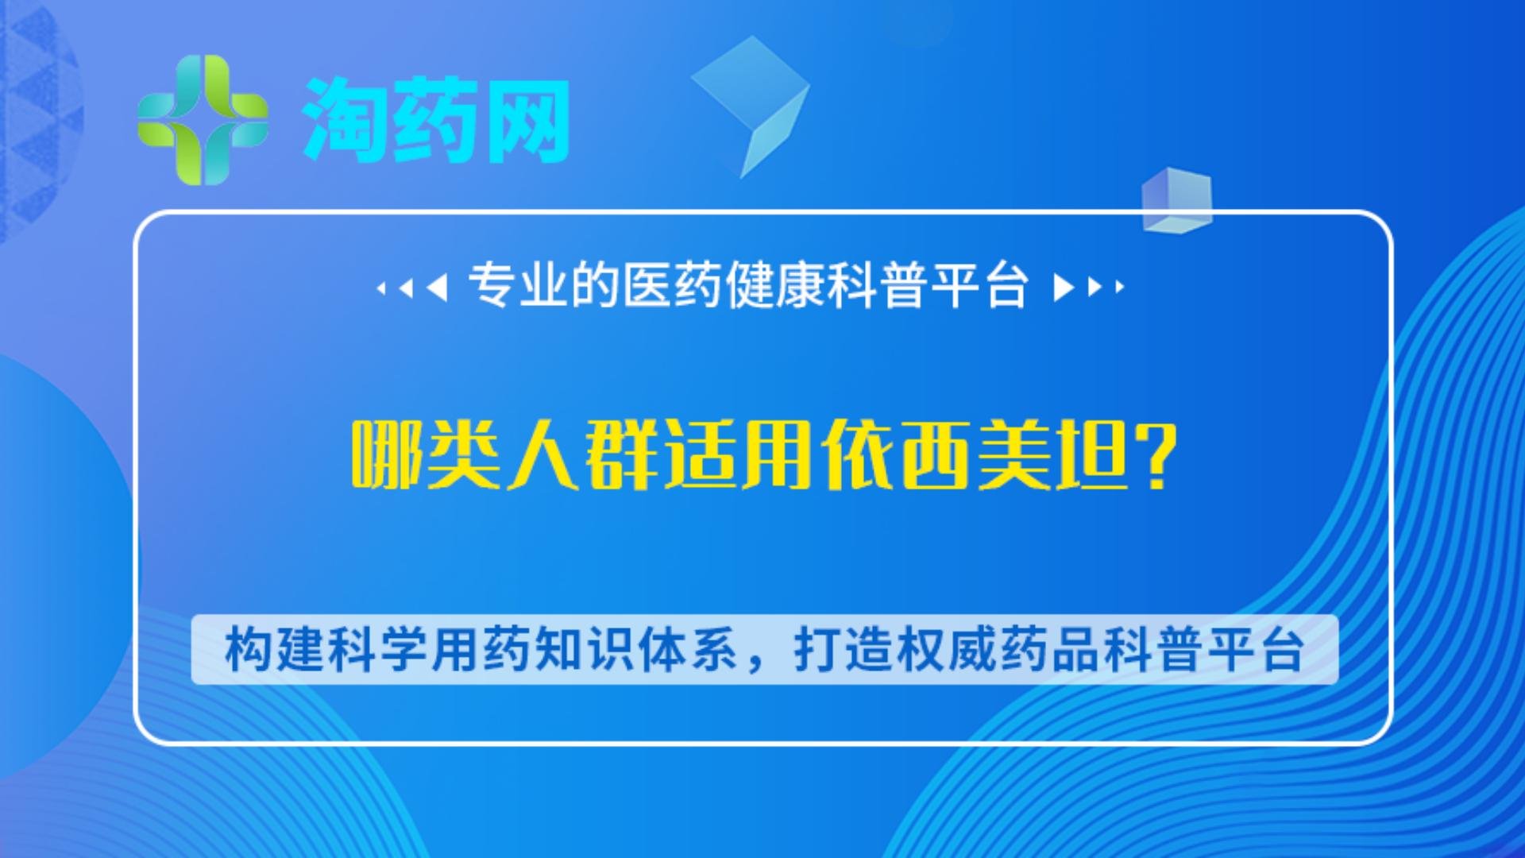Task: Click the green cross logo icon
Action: click(x=203, y=119)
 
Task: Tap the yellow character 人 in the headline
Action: click(x=543, y=455)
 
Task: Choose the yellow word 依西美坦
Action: click(x=975, y=455)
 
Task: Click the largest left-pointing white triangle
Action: click(x=437, y=288)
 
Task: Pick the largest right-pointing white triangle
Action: click(x=1064, y=288)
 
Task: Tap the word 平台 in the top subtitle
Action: click(x=980, y=285)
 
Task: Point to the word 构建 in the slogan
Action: click(x=274, y=650)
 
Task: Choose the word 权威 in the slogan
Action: click(x=947, y=650)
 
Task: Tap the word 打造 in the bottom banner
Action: click(x=844, y=650)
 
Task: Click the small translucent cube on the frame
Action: click(x=1177, y=200)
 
